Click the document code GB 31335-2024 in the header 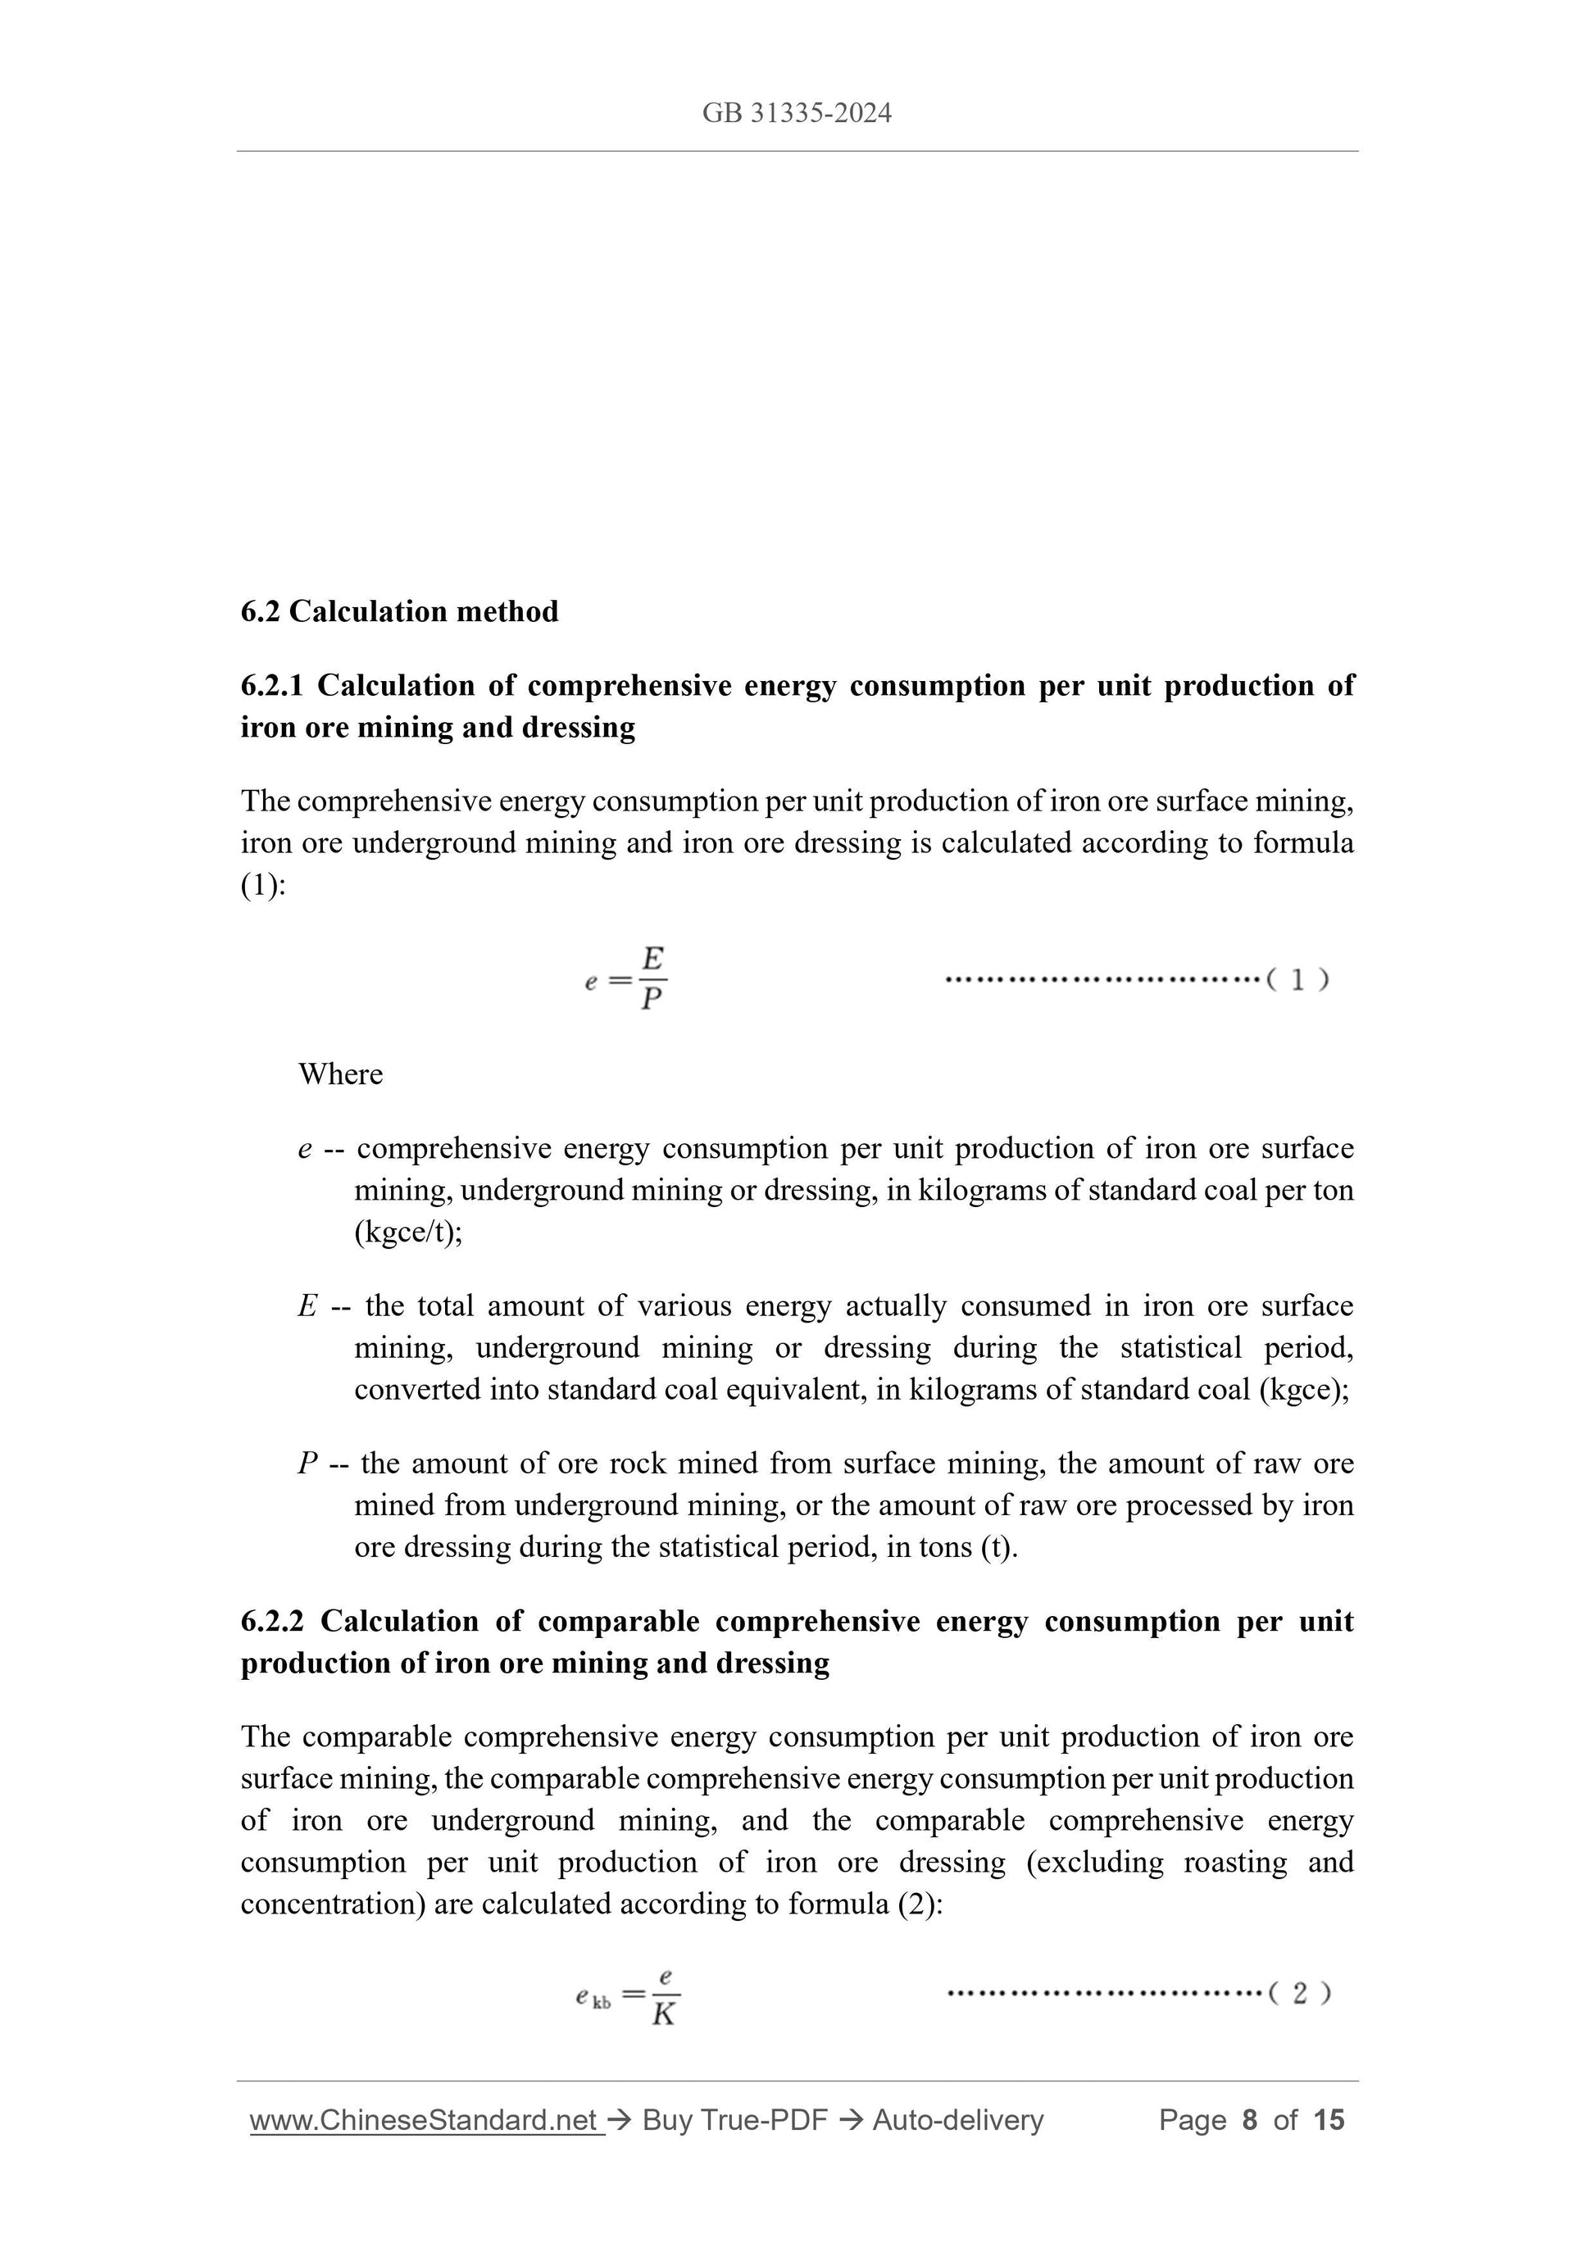[796, 114]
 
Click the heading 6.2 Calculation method [399, 612]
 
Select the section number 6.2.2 [272, 1621]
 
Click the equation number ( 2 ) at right [1299, 1993]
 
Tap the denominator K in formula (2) [665, 2015]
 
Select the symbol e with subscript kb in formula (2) [593, 1996]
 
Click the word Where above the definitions [340, 1074]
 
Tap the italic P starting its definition [307, 1464]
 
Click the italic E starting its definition [307, 1307]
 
